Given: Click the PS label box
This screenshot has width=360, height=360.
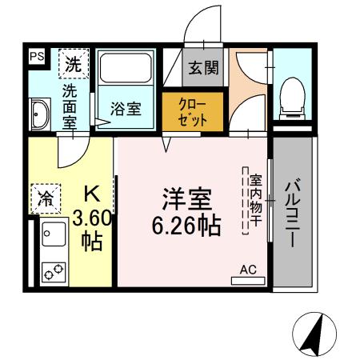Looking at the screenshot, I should click(x=36, y=56).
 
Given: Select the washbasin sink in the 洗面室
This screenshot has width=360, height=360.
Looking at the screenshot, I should click(x=40, y=114).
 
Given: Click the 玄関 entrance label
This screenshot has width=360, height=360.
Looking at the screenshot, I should click(x=203, y=68).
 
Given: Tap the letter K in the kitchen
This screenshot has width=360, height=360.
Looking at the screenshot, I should click(x=93, y=194).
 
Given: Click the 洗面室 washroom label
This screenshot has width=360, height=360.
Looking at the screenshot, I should click(x=70, y=105).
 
